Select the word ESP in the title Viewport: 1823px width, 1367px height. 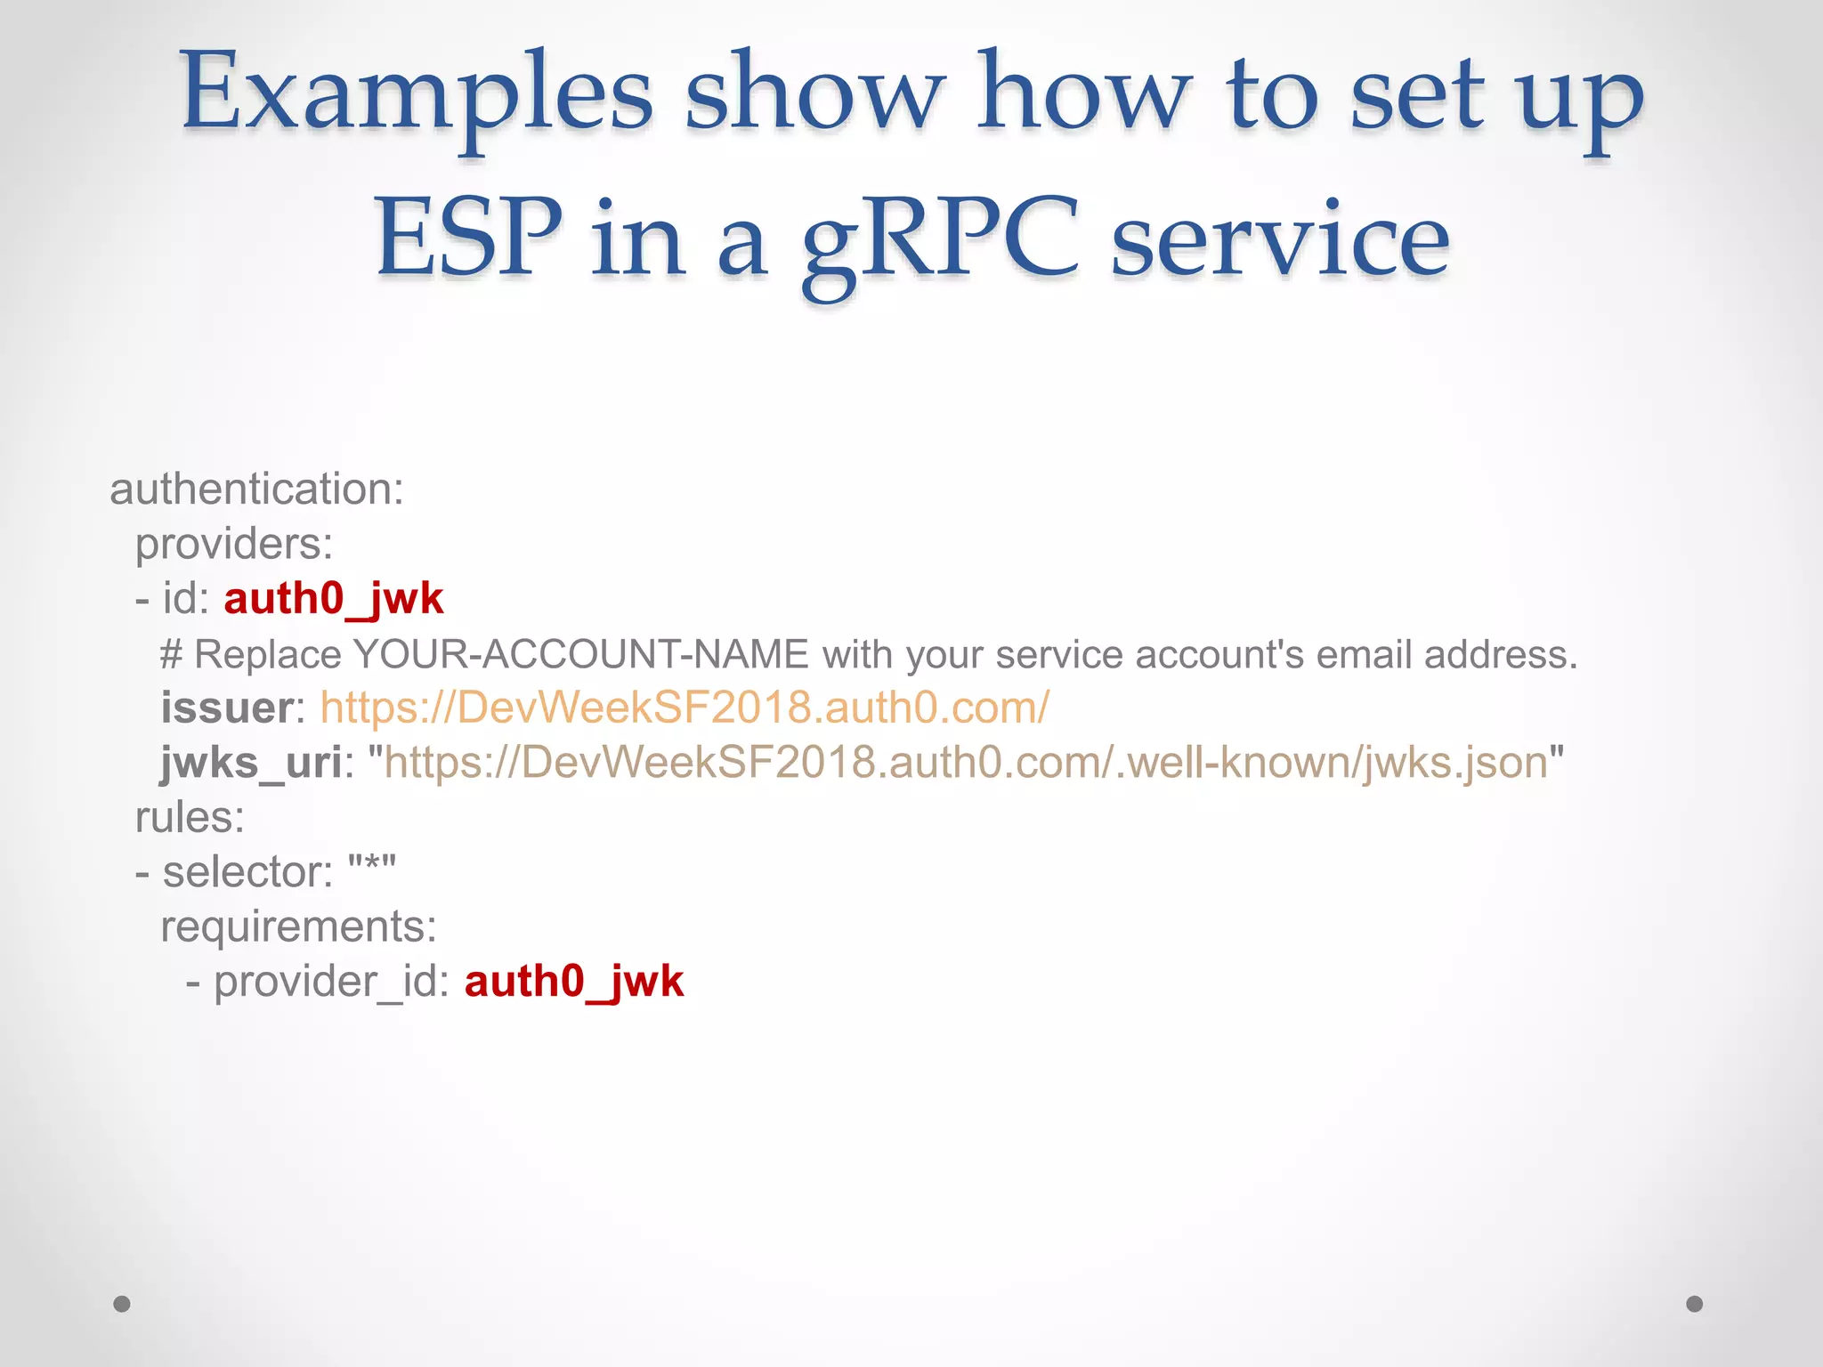(x=468, y=239)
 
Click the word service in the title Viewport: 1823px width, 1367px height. (x=1280, y=240)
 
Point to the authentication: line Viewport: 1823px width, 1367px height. (x=256, y=489)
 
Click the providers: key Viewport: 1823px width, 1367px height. (x=234, y=544)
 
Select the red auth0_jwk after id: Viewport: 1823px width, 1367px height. (x=333, y=599)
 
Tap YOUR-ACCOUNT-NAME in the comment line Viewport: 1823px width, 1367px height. (x=580, y=654)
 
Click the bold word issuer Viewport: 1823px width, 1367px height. (x=227, y=708)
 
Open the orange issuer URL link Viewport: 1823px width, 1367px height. (x=685, y=708)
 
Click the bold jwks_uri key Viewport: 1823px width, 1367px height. (x=251, y=763)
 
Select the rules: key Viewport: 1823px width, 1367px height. (x=190, y=818)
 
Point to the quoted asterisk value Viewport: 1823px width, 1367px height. (x=372, y=869)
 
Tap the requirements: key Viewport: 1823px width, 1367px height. (x=299, y=926)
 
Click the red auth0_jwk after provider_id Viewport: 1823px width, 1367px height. (x=574, y=982)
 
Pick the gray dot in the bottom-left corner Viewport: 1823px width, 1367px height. (x=122, y=1304)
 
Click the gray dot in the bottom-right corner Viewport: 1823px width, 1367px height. (x=1695, y=1304)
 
